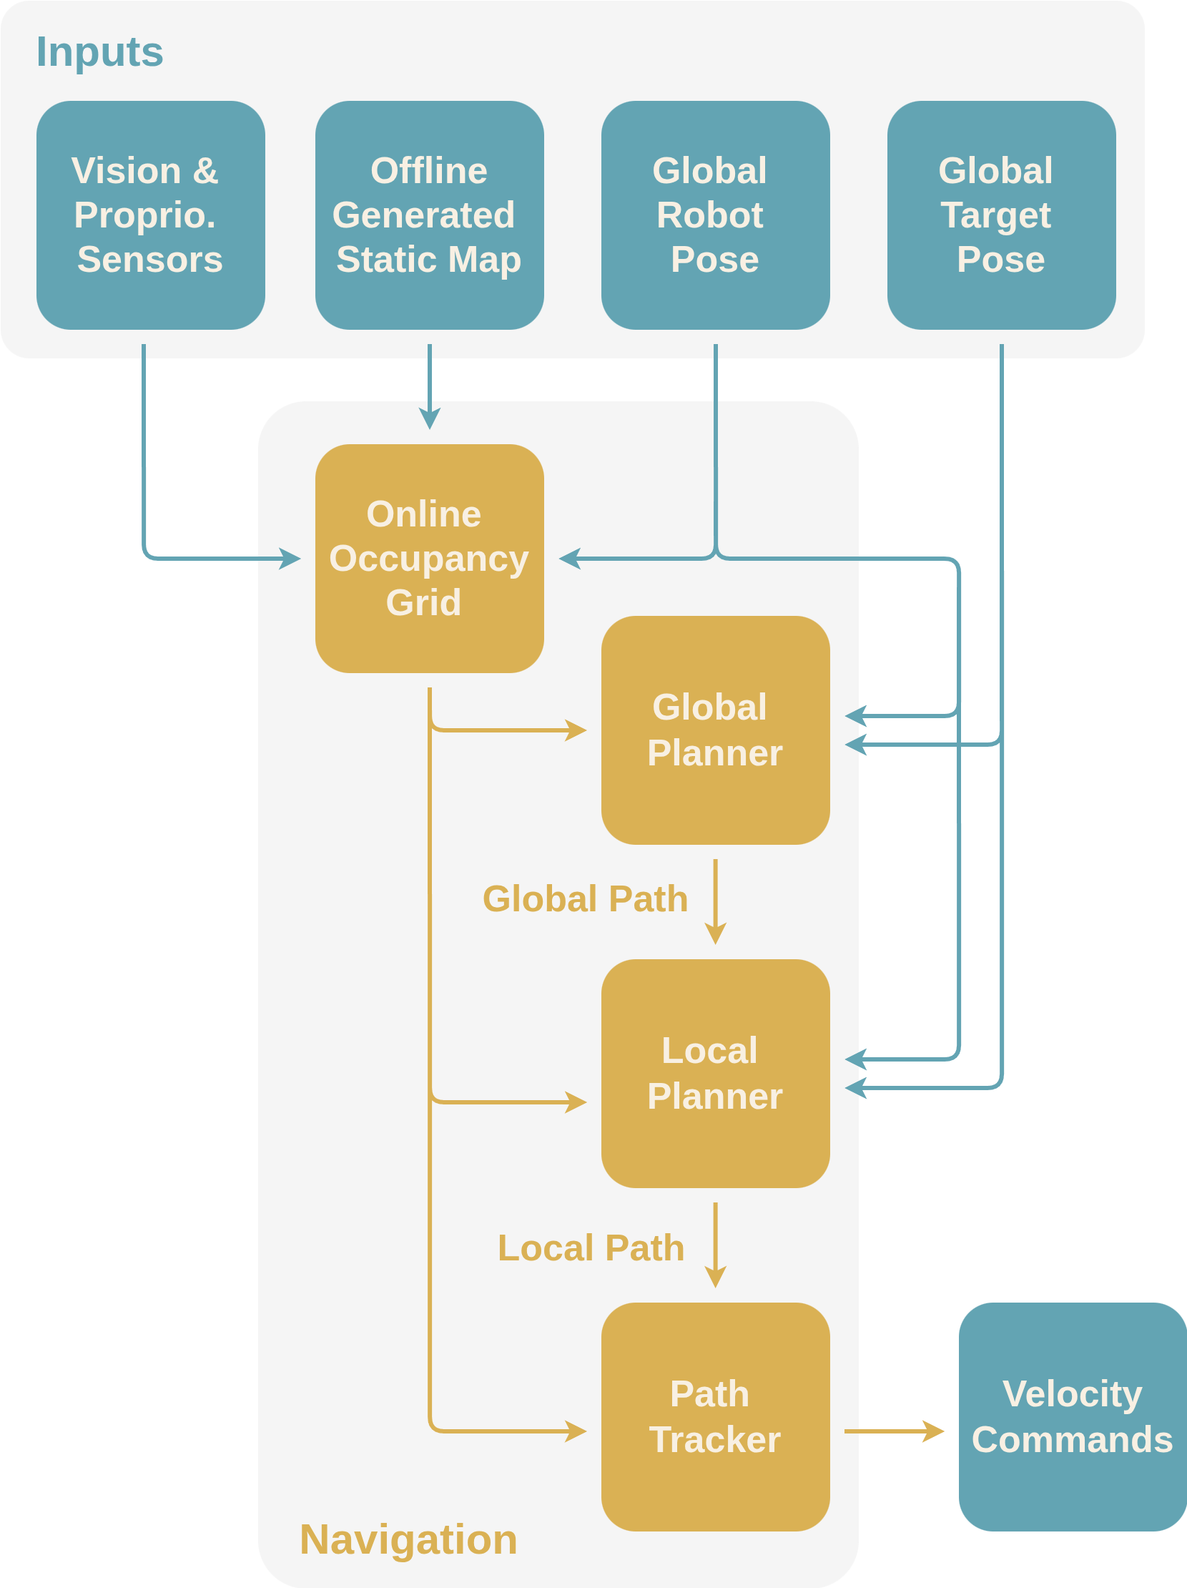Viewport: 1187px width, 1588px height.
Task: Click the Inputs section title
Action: pyautogui.click(x=100, y=52)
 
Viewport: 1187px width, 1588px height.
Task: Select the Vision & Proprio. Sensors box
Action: pyautogui.click(x=151, y=215)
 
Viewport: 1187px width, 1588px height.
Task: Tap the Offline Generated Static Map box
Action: pyautogui.click(x=429, y=215)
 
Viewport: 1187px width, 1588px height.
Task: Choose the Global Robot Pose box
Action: pyautogui.click(x=716, y=215)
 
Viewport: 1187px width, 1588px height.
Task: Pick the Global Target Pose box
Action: pyautogui.click(x=1001, y=215)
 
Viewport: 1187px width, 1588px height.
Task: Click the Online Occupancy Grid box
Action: pyautogui.click(x=429, y=559)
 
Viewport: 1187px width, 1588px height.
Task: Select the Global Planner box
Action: pyautogui.click(x=716, y=730)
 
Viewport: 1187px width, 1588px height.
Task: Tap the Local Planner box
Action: pyautogui.click(x=716, y=1073)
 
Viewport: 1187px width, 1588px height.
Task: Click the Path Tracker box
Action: pyautogui.click(x=716, y=1416)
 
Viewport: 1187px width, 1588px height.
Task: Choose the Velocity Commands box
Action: pyautogui.click(x=1072, y=1416)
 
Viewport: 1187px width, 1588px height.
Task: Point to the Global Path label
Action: pyautogui.click(x=585, y=900)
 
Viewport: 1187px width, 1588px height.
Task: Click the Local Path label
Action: pyautogui.click(x=591, y=1248)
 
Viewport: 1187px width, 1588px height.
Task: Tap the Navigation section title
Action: pyautogui.click(x=408, y=1540)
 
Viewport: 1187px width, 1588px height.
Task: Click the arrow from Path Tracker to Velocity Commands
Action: pyautogui.click(x=894, y=1431)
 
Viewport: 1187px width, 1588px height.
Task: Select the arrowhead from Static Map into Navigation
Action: pyautogui.click(x=429, y=418)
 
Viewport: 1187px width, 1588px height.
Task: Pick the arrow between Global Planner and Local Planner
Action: pyautogui.click(x=716, y=901)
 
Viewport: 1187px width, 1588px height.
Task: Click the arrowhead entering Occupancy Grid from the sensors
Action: pyautogui.click(x=290, y=559)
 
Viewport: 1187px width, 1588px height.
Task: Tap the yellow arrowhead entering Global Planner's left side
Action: pyautogui.click(x=576, y=730)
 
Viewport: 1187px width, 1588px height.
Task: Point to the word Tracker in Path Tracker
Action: pyautogui.click(x=715, y=1440)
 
